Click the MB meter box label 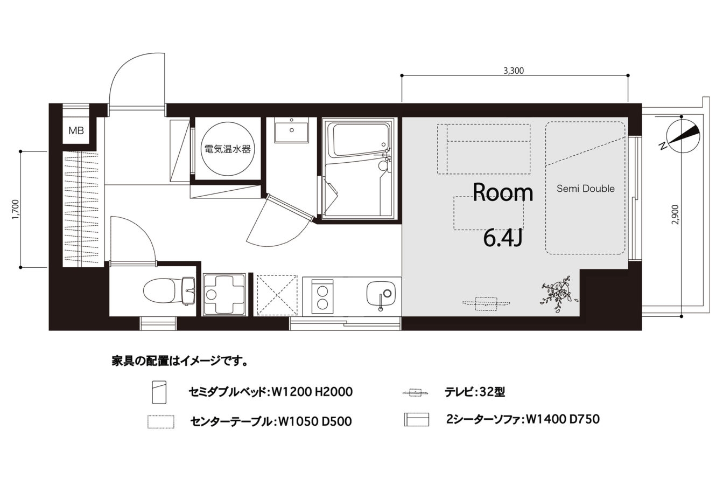76,130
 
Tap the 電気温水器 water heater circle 228,149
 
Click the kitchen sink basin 381,293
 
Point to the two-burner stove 322,296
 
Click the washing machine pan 224,295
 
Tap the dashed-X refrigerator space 277,295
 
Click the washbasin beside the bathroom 291,130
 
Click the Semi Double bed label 586,189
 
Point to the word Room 503,192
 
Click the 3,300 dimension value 514,71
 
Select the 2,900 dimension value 675,214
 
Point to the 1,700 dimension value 16,210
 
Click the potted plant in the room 559,293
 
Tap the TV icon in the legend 416,392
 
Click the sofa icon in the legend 417,419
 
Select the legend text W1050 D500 315,421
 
